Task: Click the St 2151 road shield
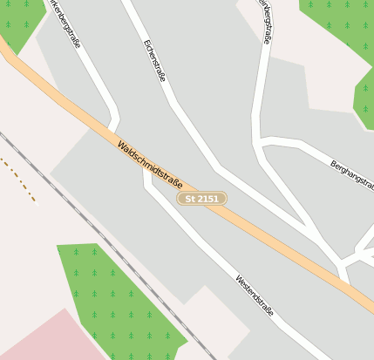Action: (x=201, y=199)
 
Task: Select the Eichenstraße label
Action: (x=154, y=59)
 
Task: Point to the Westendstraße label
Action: (x=255, y=294)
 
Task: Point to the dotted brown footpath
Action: (x=17, y=179)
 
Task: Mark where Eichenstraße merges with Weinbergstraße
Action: (x=314, y=230)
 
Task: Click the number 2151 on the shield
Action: (x=207, y=199)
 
